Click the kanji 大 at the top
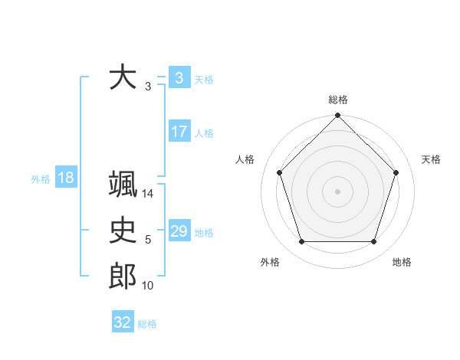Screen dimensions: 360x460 pos(123,78)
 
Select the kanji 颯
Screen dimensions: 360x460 pos(123,185)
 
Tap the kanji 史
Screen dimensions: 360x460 pos(123,230)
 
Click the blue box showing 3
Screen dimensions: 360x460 pos(179,78)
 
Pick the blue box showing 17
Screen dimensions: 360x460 pos(179,132)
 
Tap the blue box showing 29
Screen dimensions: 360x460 pos(179,231)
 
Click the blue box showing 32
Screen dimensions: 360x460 pos(123,322)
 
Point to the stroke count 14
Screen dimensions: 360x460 pos(148,195)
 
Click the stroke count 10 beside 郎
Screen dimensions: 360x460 pos(148,286)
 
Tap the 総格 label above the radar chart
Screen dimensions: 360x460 pos(338,100)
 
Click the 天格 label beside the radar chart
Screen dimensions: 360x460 pos(431,159)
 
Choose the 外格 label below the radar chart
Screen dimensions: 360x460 pos(270,263)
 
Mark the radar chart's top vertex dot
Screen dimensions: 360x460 pos(337,116)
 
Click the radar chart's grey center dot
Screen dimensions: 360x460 pos(337,191)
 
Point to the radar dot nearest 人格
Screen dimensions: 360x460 pos(280,172)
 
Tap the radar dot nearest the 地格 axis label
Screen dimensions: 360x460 pos(373,241)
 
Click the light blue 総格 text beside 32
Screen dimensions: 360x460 pos(147,324)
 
